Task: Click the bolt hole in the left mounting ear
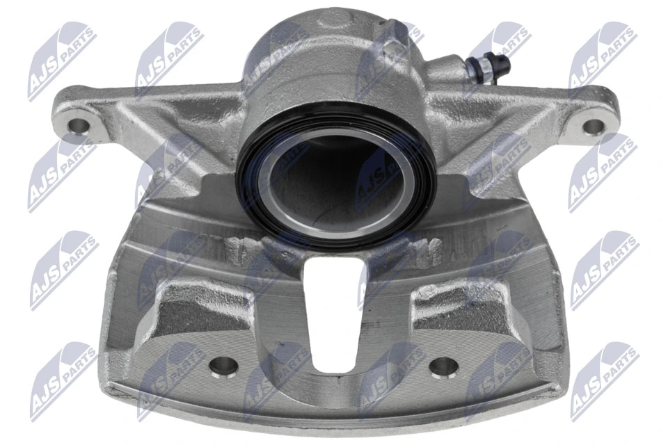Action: pos(79,125)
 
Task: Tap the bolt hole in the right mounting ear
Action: pos(592,127)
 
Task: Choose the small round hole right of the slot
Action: pos(440,366)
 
